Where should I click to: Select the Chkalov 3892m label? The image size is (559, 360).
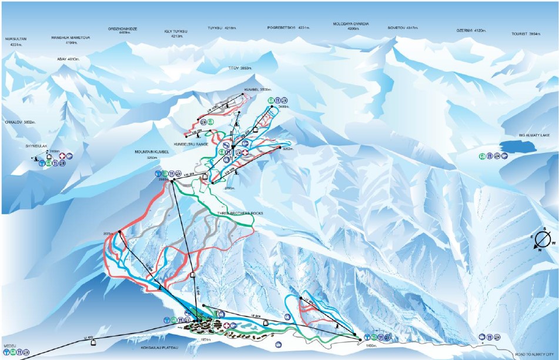[x=21, y=122]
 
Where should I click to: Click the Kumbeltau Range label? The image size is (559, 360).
[x=191, y=144]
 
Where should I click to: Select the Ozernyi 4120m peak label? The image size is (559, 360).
[x=471, y=31]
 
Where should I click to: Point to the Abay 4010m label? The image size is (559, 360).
[x=68, y=59]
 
